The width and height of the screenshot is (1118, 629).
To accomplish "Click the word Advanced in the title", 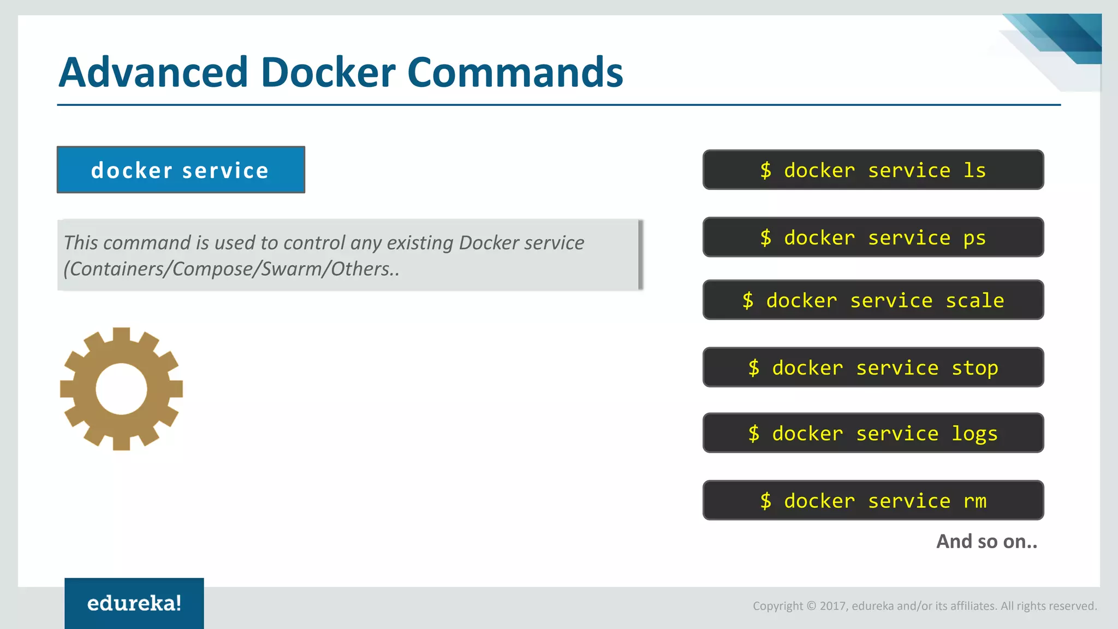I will [x=153, y=73].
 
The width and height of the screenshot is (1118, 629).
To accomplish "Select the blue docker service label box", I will [x=181, y=170].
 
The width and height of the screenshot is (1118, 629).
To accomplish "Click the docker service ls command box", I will [x=873, y=170].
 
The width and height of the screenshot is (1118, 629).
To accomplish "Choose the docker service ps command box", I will [x=873, y=238].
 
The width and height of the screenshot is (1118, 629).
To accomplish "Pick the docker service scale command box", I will [x=873, y=300].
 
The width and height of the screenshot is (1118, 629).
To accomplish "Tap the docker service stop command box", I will [x=873, y=367].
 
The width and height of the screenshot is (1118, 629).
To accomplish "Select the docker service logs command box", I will [x=873, y=433].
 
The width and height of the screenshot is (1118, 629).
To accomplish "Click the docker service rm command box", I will [x=873, y=500].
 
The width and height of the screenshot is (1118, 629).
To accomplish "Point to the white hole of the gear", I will [x=121, y=389].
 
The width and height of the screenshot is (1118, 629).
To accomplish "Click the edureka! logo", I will [x=134, y=603].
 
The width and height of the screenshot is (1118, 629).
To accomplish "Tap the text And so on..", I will [x=986, y=542].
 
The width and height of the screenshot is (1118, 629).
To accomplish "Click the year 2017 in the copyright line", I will [x=832, y=606].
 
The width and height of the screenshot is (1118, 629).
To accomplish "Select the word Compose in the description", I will [x=215, y=269].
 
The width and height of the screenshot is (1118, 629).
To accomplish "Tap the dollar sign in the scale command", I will [x=748, y=300].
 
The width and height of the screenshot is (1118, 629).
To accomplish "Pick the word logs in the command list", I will [x=974, y=434].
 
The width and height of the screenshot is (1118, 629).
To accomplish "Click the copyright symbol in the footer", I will [x=811, y=606].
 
